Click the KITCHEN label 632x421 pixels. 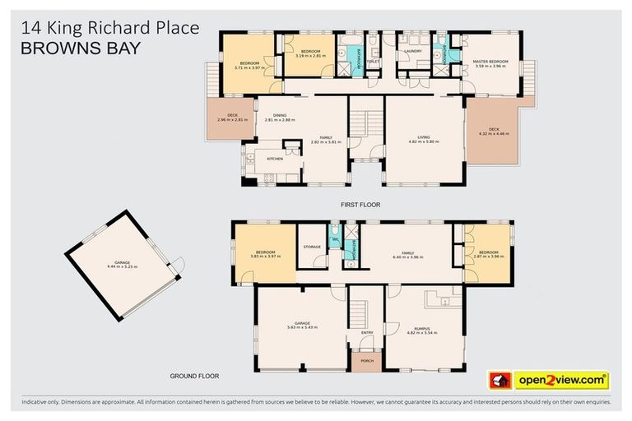coord(275,158)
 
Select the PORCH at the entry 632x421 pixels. coord(361,359)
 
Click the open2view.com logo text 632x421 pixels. coord(561,380)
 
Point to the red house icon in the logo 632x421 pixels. coord(500,380)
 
